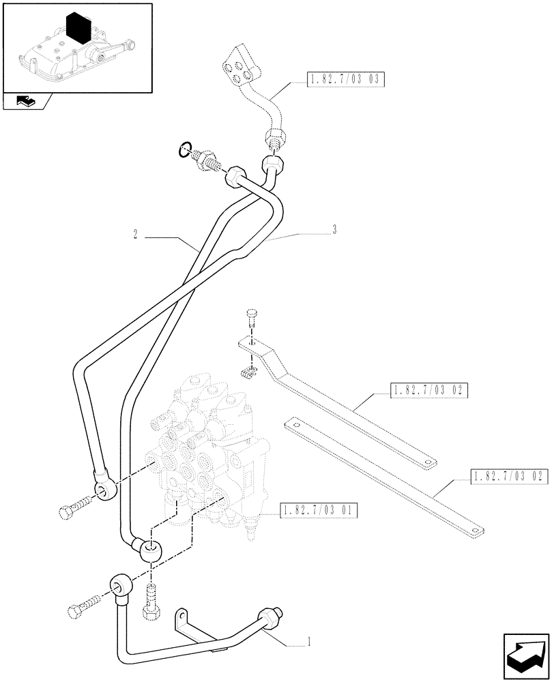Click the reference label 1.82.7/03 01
(319, 509)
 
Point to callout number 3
(334, 231)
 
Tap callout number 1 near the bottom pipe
(310, 641)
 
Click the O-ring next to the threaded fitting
(183, 149)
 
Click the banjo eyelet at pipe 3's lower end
(151, 549)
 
